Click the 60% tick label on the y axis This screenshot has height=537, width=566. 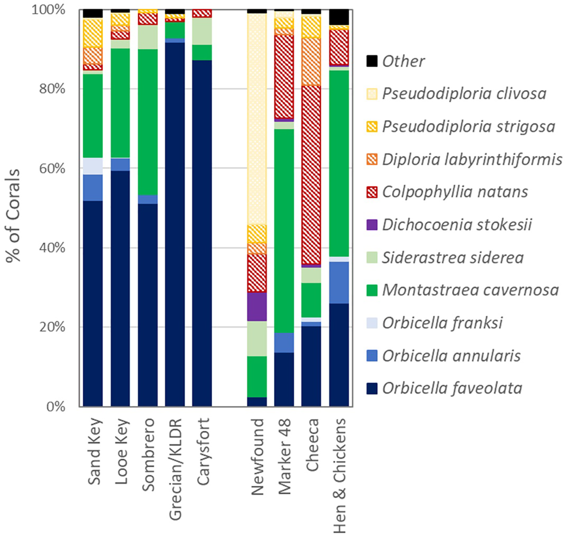pyautogui.click(x=53, y=169)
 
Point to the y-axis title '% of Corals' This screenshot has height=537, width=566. pyautogui.click(x=13, y=216)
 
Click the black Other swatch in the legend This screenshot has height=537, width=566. pyautogui.click(x=372, y=61)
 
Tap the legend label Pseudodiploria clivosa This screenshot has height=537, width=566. pyautogui.click(x=464, y=94)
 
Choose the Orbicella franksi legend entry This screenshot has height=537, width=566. pyautogui.click(x=442, y=323)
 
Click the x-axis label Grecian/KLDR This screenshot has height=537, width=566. pyautogui.click(x=175, y=468)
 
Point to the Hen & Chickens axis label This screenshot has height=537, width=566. pyautogui.click(x=339, y=475)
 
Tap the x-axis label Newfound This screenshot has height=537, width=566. pyautogui.click(x=257, y=456)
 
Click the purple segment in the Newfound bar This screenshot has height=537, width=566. pyautogui.click(x=257, y=307)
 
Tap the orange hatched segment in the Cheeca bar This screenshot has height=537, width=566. pyautogui.click(x=311, y=62)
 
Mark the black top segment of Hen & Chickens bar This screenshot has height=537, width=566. pyautogui.click(x=339, y=17)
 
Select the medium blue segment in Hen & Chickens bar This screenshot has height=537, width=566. pyautogui.click(x=339, y=282)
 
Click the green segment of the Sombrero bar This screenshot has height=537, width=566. pyautogui.click(x=148, y=122)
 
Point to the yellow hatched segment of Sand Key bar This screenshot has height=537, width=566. pyautogui.click(x=93, y=33)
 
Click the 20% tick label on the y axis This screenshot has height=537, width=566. pyautogui.click(x=53, y=328)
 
